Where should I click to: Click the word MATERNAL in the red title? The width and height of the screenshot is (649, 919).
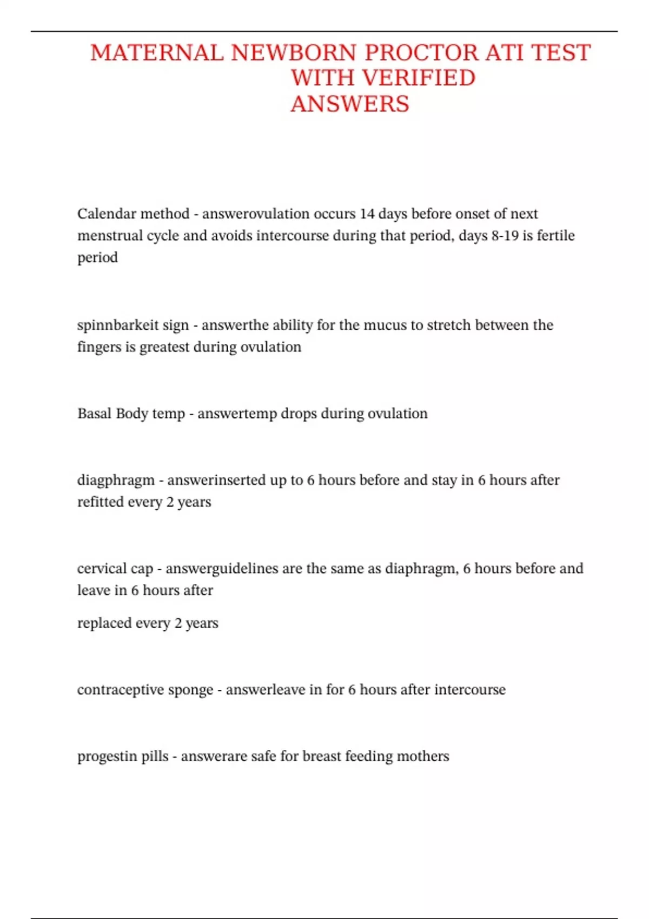tap(156, 53)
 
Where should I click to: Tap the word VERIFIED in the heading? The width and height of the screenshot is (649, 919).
tap(419, 78)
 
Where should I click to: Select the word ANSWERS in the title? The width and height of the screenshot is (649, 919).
tap(350, 104)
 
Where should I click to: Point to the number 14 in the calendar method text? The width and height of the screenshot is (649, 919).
tap(367, 214)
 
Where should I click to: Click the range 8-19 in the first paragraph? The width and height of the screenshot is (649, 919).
tap(505, 236)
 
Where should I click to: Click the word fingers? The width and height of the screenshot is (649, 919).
tap(99, 347)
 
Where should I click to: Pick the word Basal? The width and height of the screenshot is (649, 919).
tap(94, 414)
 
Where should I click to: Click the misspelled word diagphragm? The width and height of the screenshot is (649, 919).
tap(116, 480)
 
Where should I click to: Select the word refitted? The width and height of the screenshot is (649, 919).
tap(97, 502)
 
